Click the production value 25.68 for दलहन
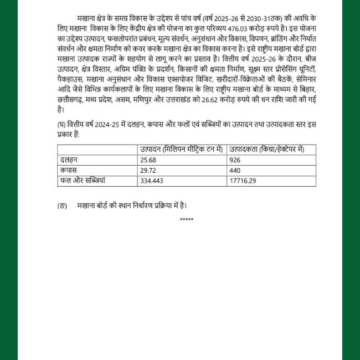click(x=148, y=160)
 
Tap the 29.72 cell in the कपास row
click(x=148, y=170)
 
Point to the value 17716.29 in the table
click(x=241, y=181)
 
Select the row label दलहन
click(x=69, y=160)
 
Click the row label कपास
click(x=68, y=170)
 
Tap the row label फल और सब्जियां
click(x=82, y=181)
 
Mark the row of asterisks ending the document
click(x=187, y=220)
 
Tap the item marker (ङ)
click(x=61, y=205)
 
